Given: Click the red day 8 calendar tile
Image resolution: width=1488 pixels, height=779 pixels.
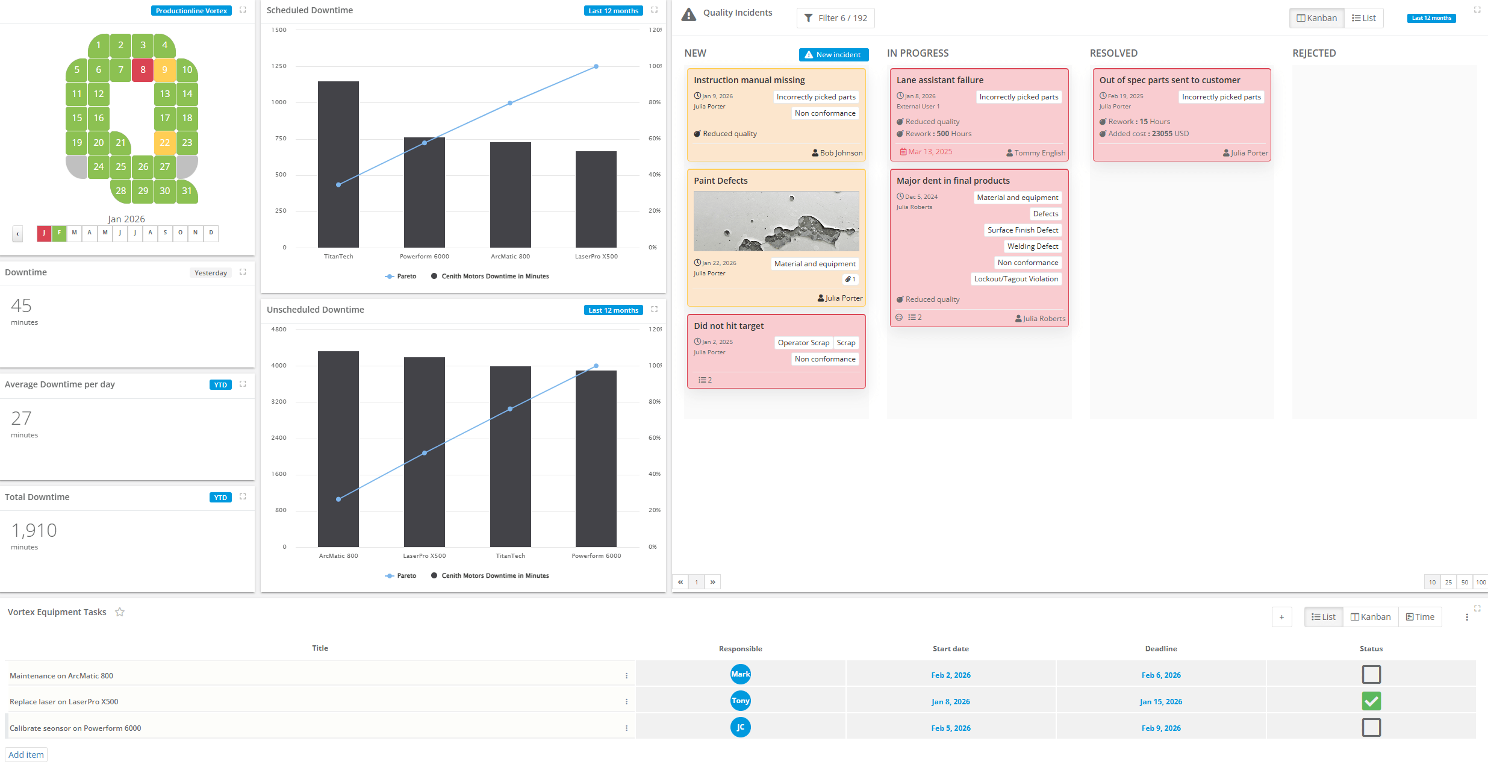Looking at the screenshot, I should coord(143,70).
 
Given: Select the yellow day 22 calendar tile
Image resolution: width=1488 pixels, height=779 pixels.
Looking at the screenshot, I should coord(164,143).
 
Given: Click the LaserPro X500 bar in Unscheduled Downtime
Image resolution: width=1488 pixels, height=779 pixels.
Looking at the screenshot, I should coord(425,452).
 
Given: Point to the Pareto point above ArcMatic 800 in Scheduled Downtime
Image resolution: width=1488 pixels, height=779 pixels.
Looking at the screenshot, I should coord(510,103).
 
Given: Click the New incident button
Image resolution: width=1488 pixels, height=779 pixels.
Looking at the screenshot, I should coord(833,55).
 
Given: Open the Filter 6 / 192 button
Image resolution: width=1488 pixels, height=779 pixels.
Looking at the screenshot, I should coord(835,18).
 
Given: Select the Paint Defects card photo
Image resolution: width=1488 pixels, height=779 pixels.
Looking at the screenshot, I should coord(776,221).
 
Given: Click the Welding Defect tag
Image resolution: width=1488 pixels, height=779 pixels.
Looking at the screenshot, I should coord(1033,246).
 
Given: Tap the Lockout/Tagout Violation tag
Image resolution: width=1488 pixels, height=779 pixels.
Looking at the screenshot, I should coord(1016,279).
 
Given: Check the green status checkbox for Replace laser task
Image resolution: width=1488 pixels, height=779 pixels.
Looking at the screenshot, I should coord(1371,701).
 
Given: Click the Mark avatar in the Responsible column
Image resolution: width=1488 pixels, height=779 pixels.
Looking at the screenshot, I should coord(740,674).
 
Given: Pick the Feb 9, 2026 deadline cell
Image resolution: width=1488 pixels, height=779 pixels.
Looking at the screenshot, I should coord(1160,728).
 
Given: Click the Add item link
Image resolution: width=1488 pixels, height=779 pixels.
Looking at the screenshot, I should coord(26,755).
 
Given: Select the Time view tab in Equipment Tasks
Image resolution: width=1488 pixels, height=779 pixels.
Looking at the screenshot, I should coord(1420,617).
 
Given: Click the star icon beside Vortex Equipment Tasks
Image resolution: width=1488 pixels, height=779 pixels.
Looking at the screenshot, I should coord(120,612).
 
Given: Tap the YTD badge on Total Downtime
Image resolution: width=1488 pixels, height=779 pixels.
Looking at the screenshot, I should coord(220,498).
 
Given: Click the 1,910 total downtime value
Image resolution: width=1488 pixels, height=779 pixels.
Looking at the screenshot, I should coord(34,531).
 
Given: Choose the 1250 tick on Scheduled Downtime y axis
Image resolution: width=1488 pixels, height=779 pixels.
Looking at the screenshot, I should coord(279,66).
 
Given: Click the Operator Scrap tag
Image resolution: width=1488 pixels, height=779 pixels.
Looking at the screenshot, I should coord(803,343).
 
